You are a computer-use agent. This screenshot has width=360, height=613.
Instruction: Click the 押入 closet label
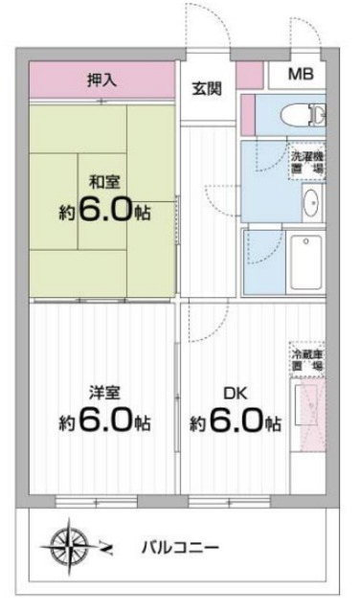tap(103, 80)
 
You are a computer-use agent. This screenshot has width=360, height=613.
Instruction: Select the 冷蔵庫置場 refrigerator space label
tap(307, 360)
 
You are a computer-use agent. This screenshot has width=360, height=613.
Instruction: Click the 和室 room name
tap(104, 180)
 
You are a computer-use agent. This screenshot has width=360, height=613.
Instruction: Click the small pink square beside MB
tap(250, 75)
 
